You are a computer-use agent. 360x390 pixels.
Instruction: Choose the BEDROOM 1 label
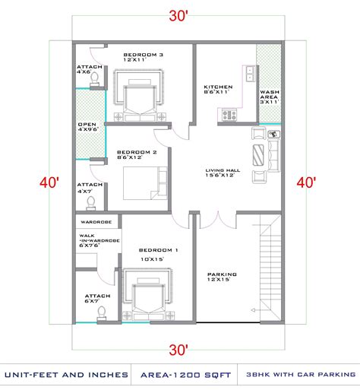point(158,249)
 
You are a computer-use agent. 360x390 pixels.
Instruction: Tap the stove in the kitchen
point(228,115)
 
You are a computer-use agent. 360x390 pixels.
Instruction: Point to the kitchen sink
point(251,75)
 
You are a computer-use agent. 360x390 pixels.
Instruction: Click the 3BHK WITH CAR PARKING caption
point(302,373)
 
